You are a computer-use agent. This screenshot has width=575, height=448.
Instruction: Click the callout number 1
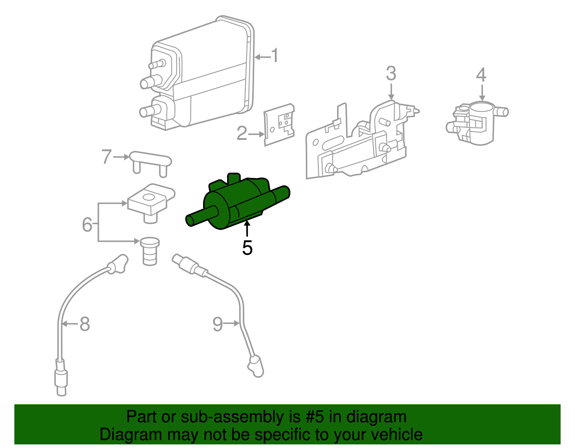(x=275, y=56)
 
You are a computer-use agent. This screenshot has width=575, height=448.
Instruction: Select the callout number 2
(x=242, y=133)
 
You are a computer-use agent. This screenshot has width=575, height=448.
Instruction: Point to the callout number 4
(x=481, y=75)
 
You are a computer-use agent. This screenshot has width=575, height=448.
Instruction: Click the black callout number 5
(x=247, y=247)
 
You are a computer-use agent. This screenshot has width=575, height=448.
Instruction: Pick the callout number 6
(x=87, y=225)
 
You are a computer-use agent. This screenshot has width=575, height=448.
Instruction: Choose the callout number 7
(x=106, y=157)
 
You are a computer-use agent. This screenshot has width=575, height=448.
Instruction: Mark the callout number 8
(x=84, y=324)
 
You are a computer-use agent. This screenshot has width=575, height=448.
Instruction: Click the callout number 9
(x=218, y=324)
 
